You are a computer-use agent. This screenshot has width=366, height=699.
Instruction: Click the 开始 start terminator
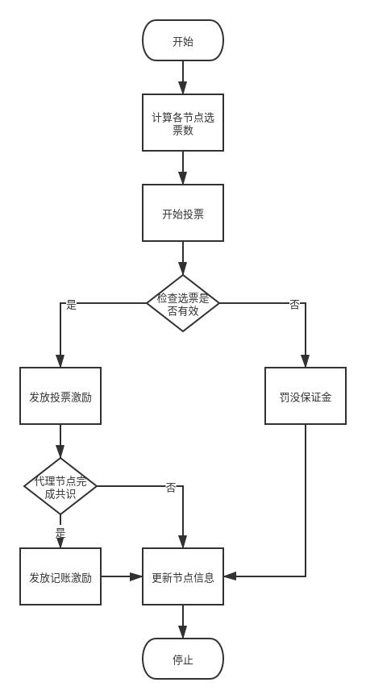[x=183, y=41]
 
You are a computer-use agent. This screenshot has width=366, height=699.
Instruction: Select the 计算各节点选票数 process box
[x=183, y=123]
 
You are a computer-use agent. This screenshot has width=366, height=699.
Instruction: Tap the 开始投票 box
[x=183, y=213]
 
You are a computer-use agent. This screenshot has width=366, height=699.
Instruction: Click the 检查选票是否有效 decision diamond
[x=183, y=303]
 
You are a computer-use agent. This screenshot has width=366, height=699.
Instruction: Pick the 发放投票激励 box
[x=60, y=396]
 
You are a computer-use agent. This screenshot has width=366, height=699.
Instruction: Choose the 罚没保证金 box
[x=306, y=396]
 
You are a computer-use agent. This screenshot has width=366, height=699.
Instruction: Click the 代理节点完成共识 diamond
[x=60, y=486]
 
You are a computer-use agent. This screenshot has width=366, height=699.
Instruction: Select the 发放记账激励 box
[x=60, y=576]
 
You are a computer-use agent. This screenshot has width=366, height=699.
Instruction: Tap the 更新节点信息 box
[x=183, y=576]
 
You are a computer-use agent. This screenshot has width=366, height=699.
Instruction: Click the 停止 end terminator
[x=183, y=659]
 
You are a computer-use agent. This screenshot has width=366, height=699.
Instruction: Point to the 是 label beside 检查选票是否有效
[x=71, y=303]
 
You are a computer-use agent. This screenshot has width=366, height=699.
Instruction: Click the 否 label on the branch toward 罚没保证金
[x=294, y=303]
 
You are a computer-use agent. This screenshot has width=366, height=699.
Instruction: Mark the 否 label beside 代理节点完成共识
[x=171, y=486]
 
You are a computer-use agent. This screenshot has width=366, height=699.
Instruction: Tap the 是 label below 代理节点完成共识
[x=60, y=530]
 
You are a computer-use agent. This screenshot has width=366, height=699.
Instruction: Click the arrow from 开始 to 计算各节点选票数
[x=183, y=77]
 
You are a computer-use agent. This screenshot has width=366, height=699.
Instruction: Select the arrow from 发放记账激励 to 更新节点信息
[x=122, y=576]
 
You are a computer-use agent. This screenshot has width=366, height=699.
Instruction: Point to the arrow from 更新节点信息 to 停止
[x=183, y=622]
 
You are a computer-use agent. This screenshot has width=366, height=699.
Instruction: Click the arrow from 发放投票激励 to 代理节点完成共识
[x=60, y=441]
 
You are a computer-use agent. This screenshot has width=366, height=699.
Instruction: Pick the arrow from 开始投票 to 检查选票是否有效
[x=183, y=258]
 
